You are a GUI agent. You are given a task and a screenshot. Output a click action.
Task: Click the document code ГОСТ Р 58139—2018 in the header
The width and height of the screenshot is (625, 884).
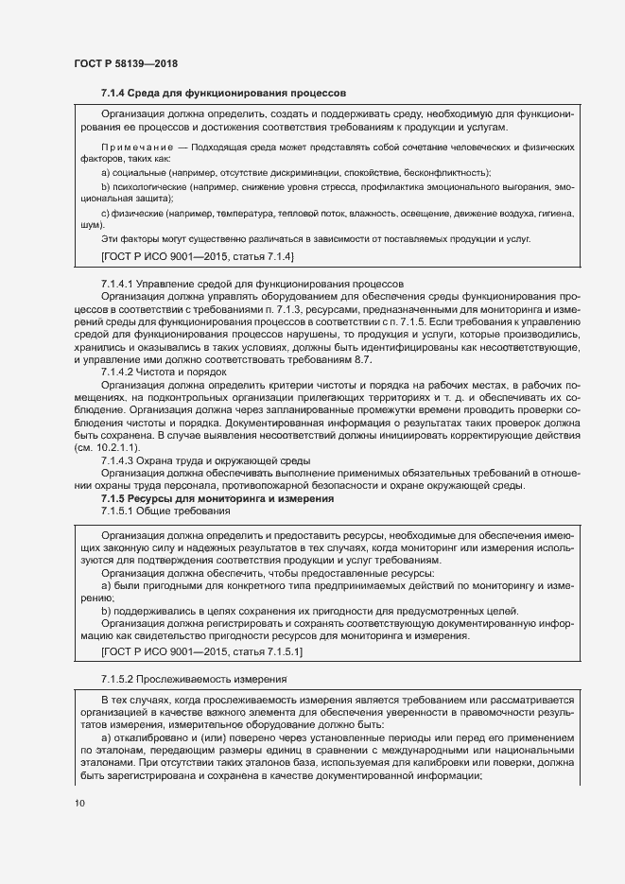tap(126, 63)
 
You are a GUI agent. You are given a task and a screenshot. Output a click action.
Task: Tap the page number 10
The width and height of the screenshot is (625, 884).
tap(79, 804)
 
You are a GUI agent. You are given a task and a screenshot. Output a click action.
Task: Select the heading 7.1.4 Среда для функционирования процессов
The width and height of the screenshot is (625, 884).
tap(223, 93)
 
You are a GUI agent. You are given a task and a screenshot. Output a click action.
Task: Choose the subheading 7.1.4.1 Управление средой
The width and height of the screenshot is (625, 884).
tap(252, 284)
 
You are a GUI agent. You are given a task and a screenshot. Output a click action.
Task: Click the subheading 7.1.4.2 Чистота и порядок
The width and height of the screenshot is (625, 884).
tap(163, 372)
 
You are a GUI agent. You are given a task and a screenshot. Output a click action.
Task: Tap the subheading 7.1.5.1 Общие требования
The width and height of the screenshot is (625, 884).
tap(165, 511)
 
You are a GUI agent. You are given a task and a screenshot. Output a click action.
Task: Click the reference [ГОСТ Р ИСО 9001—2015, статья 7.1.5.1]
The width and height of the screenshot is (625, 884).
tap(202, 651)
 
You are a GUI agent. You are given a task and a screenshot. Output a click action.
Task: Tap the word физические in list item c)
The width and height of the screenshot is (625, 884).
tap(137, 214)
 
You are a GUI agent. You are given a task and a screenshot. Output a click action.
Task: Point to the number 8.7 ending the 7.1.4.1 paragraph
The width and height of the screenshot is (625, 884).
tap(362, 359)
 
